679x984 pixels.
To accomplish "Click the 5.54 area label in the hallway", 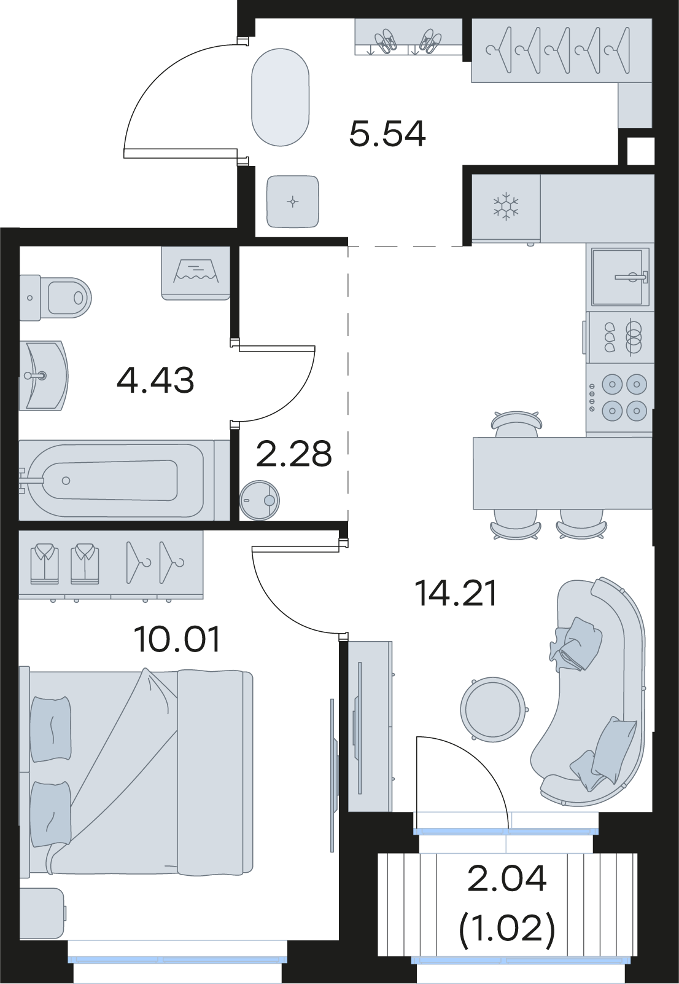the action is coord(387,133).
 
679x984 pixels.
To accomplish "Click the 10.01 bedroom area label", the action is coord(177,639).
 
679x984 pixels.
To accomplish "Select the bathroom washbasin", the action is coord(44,376).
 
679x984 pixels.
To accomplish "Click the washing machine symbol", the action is coord(196,274).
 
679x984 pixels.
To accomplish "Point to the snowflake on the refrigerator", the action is coord(506,205).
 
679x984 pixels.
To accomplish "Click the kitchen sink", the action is coord(619,277).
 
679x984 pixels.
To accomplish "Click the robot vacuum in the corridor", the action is coord(260,500).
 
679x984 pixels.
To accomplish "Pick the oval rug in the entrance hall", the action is coord(280,97).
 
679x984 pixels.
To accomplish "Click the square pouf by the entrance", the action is coord(293,202).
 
